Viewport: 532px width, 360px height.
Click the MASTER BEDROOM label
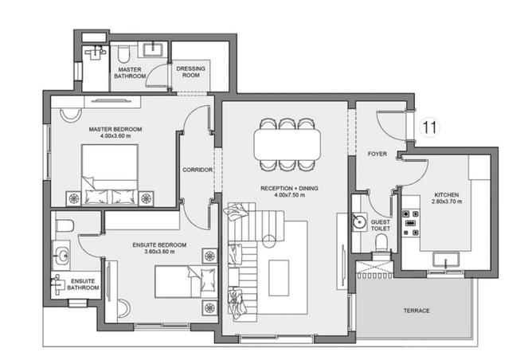point(115,128)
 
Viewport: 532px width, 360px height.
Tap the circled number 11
point(430,127)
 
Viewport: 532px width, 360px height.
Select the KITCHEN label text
point(446,194)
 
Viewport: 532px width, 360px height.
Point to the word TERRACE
point(416,310)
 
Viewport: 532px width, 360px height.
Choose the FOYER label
point(377,153)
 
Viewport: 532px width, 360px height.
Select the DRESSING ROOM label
point(191,72)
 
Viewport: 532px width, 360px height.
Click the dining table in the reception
point(288,144)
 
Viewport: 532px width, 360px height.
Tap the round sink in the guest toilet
point(359,224)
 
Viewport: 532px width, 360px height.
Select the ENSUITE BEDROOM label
point(159,244)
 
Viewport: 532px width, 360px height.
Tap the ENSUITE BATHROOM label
point(84,284)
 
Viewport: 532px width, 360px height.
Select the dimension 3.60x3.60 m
point(159,252)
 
